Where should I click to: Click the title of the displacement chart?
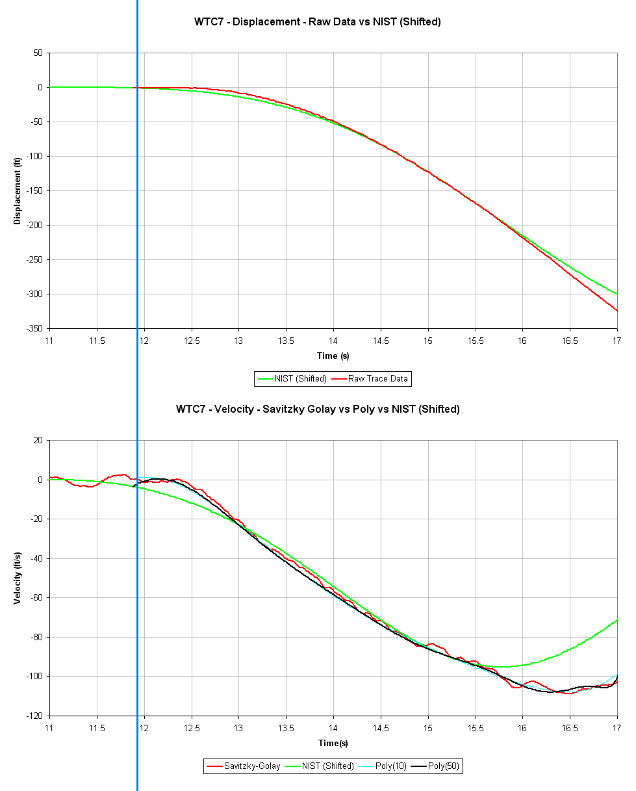pyautogui.click(x=318, y=21)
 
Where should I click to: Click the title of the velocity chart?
pyautogui.click(x=318, y=409)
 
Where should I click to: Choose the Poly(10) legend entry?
pyautogui.click(x=388, y=766)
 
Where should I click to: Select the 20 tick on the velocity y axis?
pyautogui.click(x=38, y=440)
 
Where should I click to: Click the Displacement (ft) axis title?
pyautogui.click(x=17, y=190)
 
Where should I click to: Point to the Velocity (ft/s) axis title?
pyautogui.click(x=17, y=578)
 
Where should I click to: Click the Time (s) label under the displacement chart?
pyautogui.click(x=333, y=356)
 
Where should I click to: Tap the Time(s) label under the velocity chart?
pyautogui.click(x=333, y=743)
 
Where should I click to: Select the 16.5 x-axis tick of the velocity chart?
pyautogui.click(x=570, y=727)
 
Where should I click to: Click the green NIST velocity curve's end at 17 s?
pyautogui.click(x=617, y=619)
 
